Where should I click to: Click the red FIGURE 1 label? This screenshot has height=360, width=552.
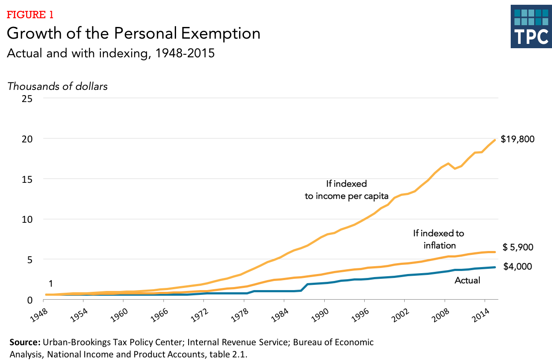click(x=30, y=15)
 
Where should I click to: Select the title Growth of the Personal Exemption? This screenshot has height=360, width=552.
click(x=133, y=34)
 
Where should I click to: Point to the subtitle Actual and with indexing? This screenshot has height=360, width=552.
click(x=110, y=55)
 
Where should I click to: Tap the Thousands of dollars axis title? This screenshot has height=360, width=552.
click(x=57, y=86)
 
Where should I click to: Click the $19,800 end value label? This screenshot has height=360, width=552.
click(x=523, y=139)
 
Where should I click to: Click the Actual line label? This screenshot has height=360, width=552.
click(x=467, y=281)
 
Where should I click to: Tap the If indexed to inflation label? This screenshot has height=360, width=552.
click(x=438, y=239)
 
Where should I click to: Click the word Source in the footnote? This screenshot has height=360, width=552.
click(x=25, y=342)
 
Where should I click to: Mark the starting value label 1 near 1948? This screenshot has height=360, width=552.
click(x=51, y=284)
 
